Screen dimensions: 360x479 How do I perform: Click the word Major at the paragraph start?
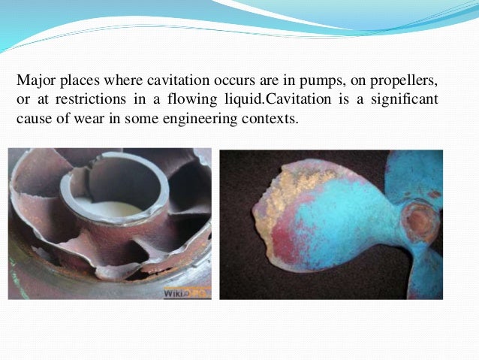click(x=34, y=80)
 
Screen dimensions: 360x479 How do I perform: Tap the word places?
click(x=76, y=80)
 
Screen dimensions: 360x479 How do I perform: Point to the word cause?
click(x=32, y=119)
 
